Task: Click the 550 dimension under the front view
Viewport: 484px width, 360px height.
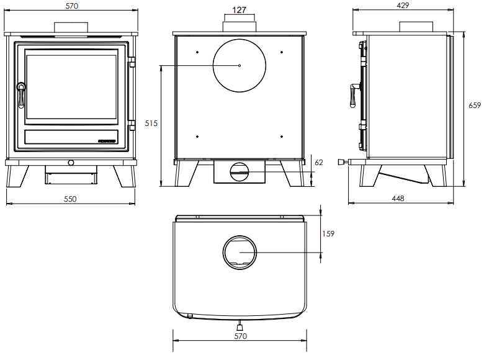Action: (x=70, y=199)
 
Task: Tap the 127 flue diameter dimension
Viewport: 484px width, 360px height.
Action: (x=239, y=10)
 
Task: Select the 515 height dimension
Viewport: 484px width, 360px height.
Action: (x=151, y=124)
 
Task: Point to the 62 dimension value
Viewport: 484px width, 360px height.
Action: (x=319, y=163)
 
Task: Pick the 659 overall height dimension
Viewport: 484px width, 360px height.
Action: (x=475, y=106)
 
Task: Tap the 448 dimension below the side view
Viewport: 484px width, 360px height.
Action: (x=398, y=199)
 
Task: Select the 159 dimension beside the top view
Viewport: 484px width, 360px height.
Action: (x=329, y=234)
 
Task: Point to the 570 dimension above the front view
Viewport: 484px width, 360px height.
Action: (x=70, y=5)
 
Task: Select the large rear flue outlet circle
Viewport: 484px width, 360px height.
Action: (x=240, y=65)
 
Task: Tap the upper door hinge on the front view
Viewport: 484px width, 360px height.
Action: (x=132, y=63)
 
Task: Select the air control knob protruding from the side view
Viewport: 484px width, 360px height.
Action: (x=341, y=162)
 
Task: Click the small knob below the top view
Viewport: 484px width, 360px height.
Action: (x=240, y=324)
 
